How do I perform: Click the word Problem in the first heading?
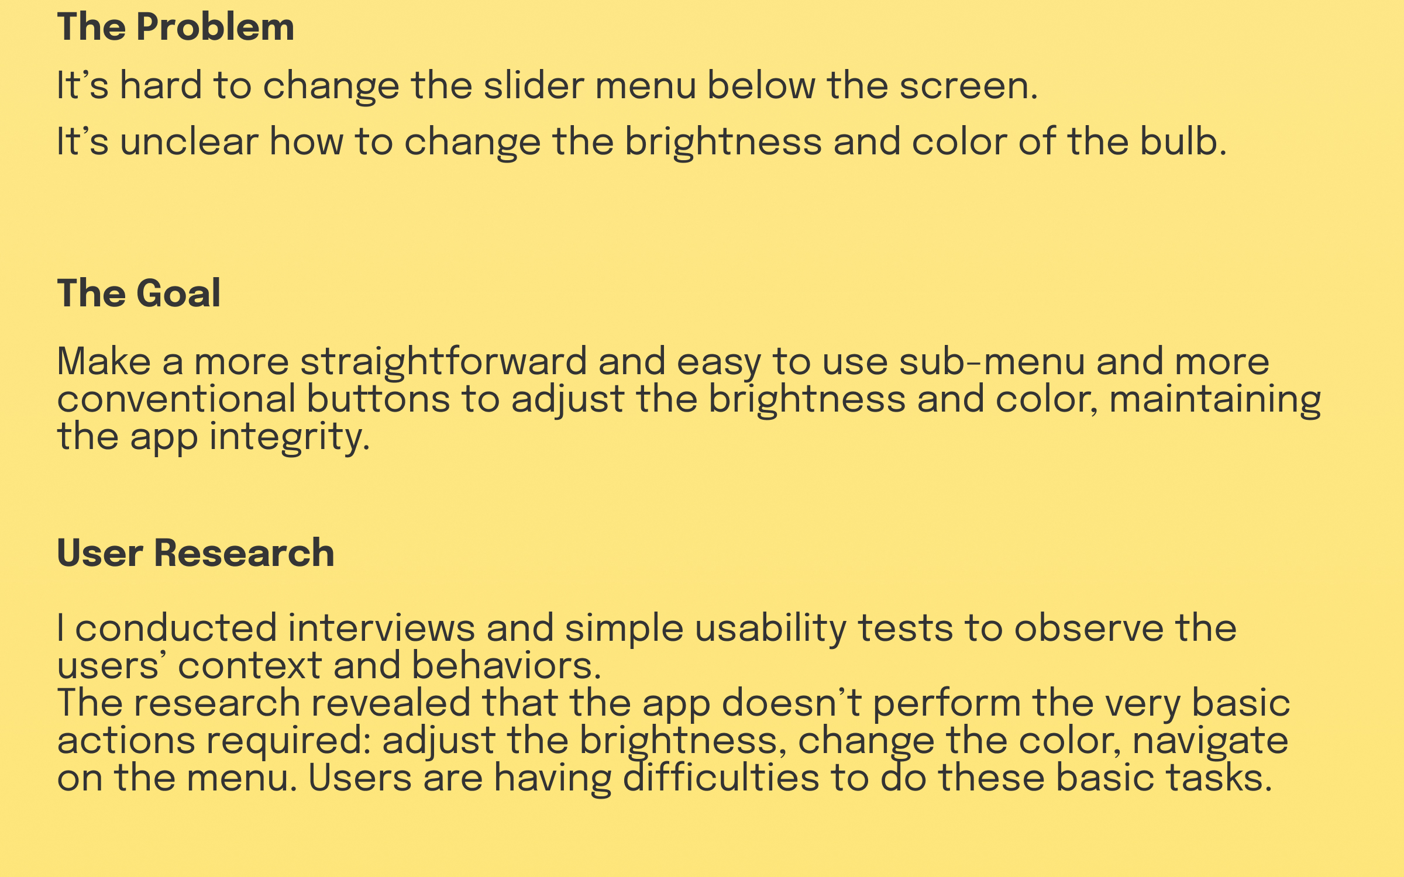[x=215, y=27]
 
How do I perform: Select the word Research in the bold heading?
[x=244, y=553]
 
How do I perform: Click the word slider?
[x=534, y=85]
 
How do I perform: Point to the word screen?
[x=968, y=86]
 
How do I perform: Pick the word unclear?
[x=189, y=141]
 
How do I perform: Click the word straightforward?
[x=443, y=362]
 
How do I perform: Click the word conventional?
[x=176, y=399]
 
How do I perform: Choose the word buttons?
[x=378, y=399]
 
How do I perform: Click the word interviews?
[x=381, y=628]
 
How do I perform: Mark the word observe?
[x=1089, y=628]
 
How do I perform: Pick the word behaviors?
[x=507, y=666]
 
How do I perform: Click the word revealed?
[x=391, y=703]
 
